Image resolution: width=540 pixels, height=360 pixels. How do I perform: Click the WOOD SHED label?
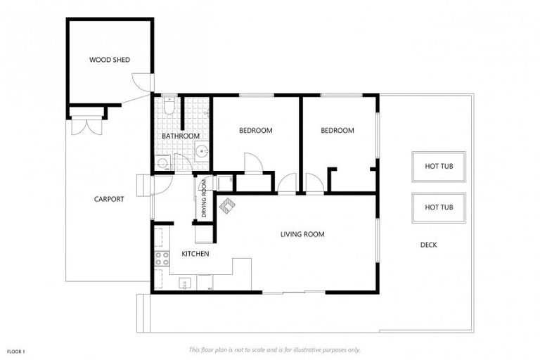pyautogui.click(x=110, y=60)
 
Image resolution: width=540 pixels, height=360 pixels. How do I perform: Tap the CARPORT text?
pyautogui.click(x=109, y=199)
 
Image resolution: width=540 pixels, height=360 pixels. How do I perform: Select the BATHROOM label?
pyautogui.click(x=181, y=136)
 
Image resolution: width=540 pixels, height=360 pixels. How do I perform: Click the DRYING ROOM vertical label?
pyautogui.click(x=204, y=198)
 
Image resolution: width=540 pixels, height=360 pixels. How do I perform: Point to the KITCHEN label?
pyautogui.click(x=195, y=254)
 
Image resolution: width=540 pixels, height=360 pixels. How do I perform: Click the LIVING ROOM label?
pyautogui.click(x=302, y=234)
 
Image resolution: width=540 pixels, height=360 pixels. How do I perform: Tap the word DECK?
pyautogui.click(x=429, y=245)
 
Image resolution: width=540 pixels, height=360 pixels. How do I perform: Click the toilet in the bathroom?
pyautogui.click(x=169, y=105)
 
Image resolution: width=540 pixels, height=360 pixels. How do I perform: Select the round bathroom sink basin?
pyautogui.click(x=202, y=151)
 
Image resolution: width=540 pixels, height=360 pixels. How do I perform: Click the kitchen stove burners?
pyautogui.click(x=162, y=259)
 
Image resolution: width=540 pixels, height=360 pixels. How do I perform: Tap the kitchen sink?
pyautogui.click(x=186, y=283)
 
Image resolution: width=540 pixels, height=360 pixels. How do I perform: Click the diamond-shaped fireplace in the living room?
pyautogui.click(x=227, y=206)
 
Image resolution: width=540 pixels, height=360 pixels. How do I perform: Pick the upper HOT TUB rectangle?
pyautogui.click(x=439, y=167)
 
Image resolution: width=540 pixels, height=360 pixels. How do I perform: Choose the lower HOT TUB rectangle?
pyautogui.click(x=439, y=207)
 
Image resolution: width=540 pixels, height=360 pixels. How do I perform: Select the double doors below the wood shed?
pyautogui.click(x=86, y=126)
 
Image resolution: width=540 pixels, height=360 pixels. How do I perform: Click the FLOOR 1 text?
pyautogui.click(x=16, y=352)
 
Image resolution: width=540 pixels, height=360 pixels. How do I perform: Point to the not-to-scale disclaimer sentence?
pyautogui.click(x=275, y=350)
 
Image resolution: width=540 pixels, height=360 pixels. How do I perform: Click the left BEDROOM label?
pyautogui.click(x=256, y=131)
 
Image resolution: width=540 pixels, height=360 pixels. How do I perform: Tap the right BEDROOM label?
pyautogui.click(x=337, y=131)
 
